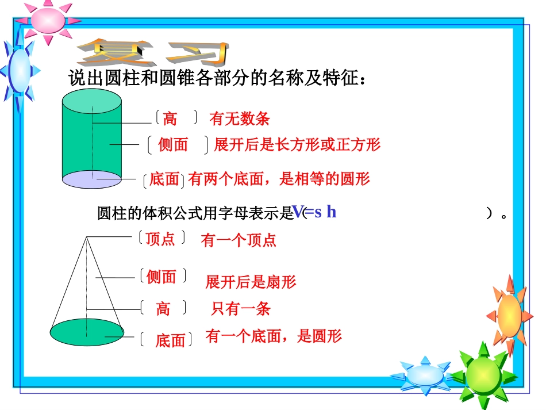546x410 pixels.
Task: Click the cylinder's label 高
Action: coord(170,119)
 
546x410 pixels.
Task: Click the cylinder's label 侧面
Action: coord(173,145)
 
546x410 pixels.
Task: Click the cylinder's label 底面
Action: coord(164,179)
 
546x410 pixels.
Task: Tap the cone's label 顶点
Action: coord(160,239)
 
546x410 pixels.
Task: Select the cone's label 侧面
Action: coord(161,277)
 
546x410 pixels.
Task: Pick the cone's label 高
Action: coord(163,309)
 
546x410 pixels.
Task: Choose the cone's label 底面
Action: coord(170,340)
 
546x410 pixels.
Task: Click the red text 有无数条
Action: coord(240,119)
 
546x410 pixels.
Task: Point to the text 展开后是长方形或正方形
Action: coord(297,144)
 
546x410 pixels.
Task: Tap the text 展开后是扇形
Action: coord(251,282)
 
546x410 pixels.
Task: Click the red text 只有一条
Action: coord(240,309)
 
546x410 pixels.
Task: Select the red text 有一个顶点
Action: coord(239,240)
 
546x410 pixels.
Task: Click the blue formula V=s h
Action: coord(314,212)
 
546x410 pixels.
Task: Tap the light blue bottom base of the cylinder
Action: coord(92,179)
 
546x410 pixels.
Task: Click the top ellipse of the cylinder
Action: coord(92,102)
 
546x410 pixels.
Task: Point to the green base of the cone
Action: coord(86,332)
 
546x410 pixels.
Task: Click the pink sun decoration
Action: coord(48,20)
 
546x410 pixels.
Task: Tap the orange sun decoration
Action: coord(509,315)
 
